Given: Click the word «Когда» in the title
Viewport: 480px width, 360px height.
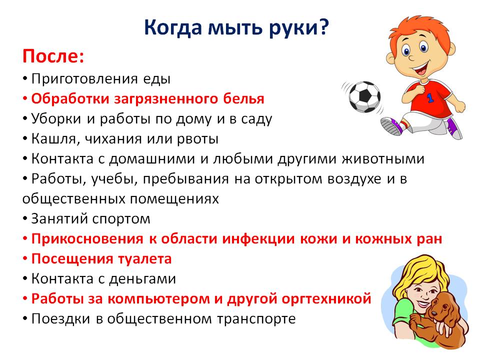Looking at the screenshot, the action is click(x=173, y=28).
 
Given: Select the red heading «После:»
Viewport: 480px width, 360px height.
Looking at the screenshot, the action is click(x=53, y=56).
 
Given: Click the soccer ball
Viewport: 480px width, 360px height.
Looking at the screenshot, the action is click(x=364, y=96).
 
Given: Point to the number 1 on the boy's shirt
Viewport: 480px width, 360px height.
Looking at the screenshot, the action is click(x=430, y=98).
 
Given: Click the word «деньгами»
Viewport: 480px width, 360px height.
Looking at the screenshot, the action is click(x=142, y=279).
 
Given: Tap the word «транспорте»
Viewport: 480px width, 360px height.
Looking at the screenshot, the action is click(x=256, y=319).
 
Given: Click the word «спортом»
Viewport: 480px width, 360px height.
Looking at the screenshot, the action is click(x=121, y=219).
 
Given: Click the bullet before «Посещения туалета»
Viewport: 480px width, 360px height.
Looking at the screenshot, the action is click(x=25, y=259).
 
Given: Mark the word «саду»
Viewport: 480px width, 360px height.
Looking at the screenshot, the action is click(x=256, y=119).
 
